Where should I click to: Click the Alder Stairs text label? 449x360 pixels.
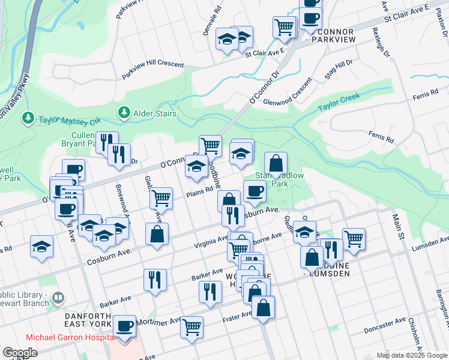[155, 113]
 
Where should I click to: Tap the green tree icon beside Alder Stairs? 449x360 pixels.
[124, 113]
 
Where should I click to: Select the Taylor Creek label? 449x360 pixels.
[339, 100]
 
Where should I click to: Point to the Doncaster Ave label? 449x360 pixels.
[385, 325]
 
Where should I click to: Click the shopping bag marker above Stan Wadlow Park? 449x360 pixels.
[276, 163]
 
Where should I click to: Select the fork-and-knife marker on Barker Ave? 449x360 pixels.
[155, 279]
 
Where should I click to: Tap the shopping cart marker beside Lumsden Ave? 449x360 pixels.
[354, 238]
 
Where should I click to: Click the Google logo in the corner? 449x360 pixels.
[20, 353]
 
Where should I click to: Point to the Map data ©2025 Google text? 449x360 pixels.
[411, 355]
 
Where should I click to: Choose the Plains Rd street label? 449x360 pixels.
[199, 191]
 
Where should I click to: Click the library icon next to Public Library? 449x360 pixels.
[58, 297]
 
